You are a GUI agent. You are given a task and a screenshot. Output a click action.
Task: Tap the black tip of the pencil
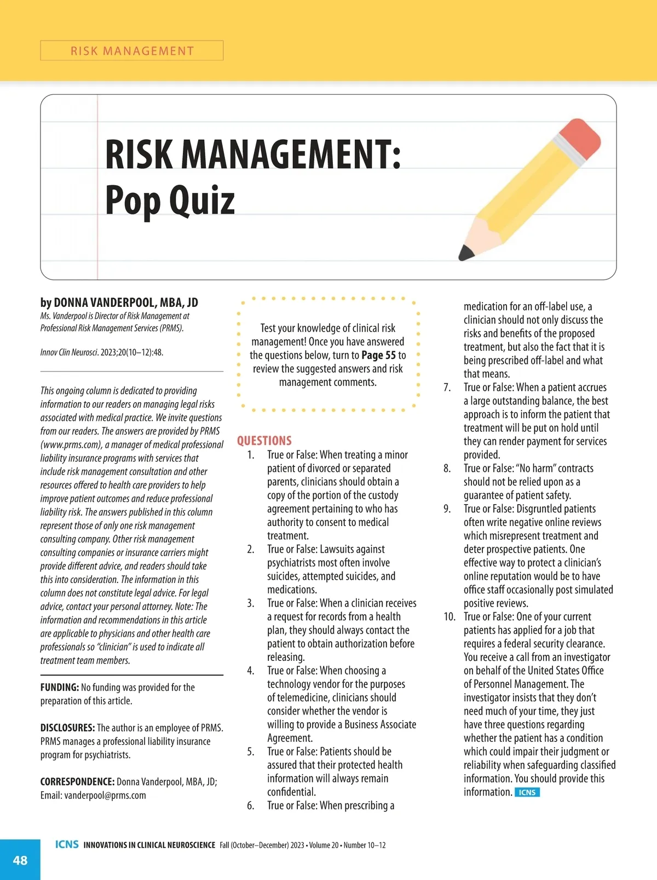point(466,253)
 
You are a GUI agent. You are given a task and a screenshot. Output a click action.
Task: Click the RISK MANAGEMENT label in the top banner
point(132,51)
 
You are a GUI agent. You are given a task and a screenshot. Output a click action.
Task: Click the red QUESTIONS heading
point(264,441)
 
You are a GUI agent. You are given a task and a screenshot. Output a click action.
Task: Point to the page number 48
point(20,860)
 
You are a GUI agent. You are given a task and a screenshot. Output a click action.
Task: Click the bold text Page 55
point(378,355)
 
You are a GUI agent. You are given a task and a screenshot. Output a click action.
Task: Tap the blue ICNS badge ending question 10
point(527,792)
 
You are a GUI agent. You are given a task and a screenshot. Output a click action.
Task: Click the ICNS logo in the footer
point(67,844)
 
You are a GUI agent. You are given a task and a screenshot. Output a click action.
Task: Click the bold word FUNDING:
point(60,687)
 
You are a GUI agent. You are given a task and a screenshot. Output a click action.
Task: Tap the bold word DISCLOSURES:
point(67,728)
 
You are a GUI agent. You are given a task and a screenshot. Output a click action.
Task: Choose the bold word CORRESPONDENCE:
point(77,781)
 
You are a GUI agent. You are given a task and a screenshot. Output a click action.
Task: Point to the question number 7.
point(447,387)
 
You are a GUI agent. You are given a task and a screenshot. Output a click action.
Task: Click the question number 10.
point(449,616)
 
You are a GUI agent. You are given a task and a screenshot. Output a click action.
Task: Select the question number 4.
point(251,670)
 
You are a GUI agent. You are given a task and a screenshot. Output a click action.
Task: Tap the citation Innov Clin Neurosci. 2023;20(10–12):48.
point(102,352)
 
